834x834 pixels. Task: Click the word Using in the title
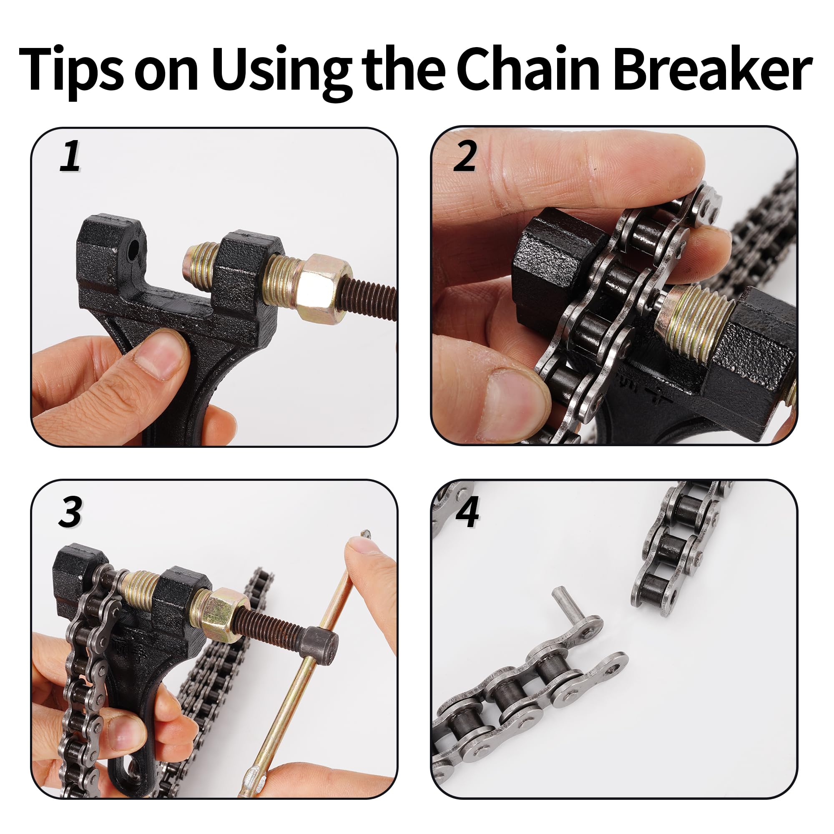[x=281, y=71]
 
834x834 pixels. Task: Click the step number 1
[x=70, y=157]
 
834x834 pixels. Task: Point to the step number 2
[x=465, y=156]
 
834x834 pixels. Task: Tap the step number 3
[x=70, y=512]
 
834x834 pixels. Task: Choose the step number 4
[x=467, y=512]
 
